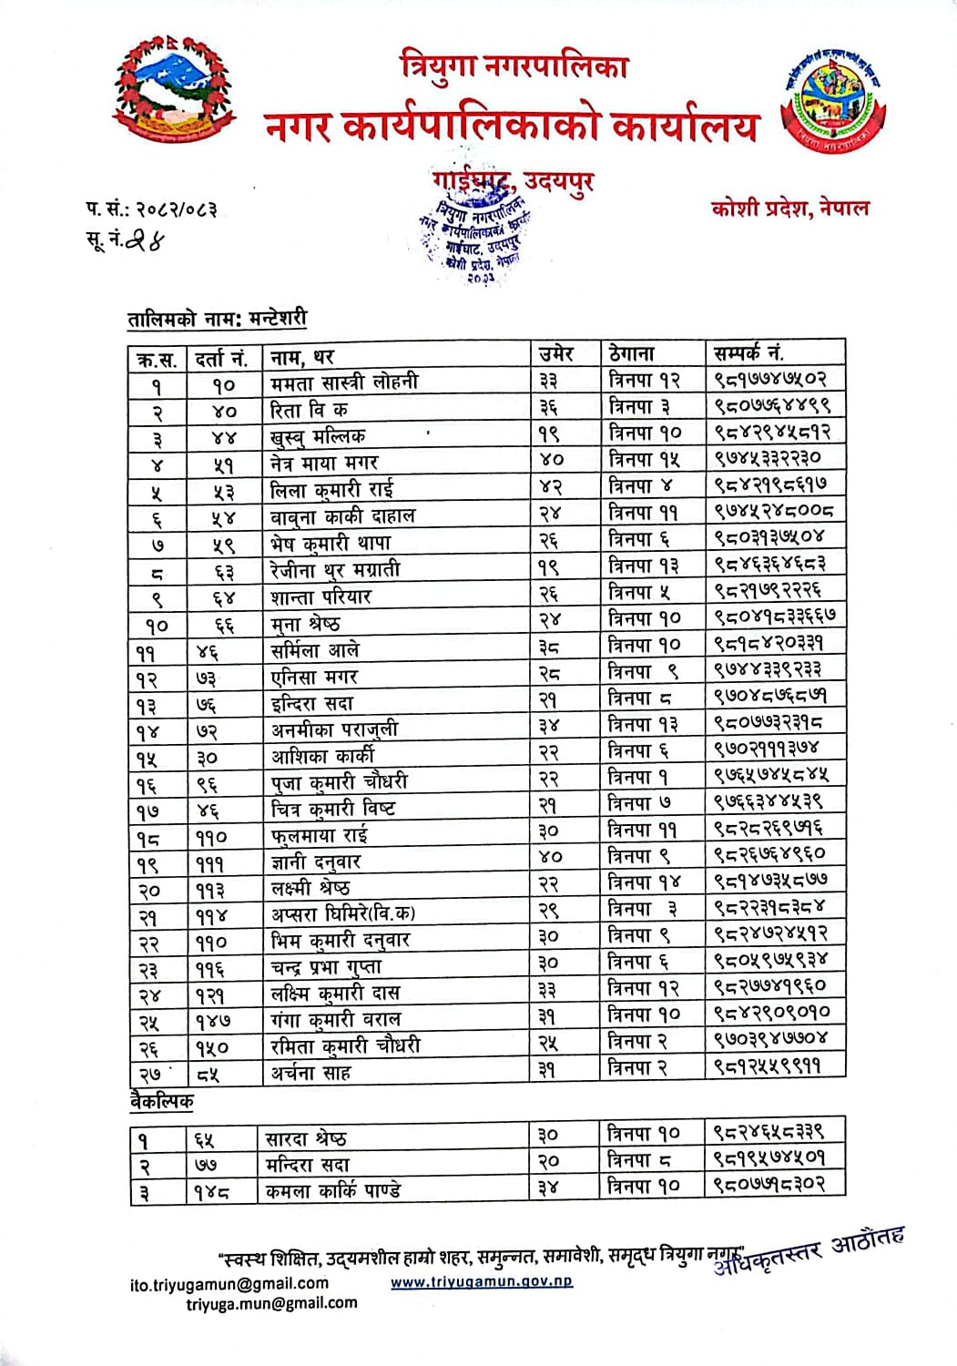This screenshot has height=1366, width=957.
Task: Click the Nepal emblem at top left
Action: point(174,93)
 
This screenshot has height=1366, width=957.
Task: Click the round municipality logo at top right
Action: point(833,107)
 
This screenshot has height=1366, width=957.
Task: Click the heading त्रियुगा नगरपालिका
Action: point(514,66)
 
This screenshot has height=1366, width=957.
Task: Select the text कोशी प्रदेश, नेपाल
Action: point(789,208)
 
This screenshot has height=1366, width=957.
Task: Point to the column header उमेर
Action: point(556,353)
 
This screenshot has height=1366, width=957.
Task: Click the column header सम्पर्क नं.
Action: point(748,352)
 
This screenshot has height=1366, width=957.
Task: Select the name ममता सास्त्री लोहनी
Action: point(344,382)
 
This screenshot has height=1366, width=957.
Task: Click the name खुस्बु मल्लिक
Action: point(318,435)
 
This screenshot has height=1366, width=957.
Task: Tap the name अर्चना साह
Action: point(311,1073)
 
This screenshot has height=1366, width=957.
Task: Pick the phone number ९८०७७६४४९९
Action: point(772,405)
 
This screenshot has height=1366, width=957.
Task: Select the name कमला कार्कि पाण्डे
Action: point(332,1190)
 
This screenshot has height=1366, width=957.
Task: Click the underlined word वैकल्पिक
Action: point(161,1101)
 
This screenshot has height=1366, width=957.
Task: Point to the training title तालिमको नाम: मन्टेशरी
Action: point(217,319)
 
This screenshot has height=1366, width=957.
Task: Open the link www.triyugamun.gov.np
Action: point(482,1281)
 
